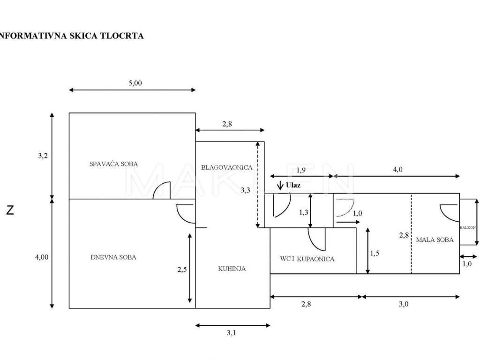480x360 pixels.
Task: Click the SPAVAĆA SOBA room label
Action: coord(113,164)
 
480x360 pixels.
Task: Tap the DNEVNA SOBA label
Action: coord(113,257)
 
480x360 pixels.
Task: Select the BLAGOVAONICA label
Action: coord(226,167)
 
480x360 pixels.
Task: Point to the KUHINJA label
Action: coord(232,269)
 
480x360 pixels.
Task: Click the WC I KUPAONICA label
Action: coord(307,259)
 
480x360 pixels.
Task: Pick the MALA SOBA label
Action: coord(435,240)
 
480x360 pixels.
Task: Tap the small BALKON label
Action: coord(467,227)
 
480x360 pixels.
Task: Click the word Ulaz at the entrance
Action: coord(293,185)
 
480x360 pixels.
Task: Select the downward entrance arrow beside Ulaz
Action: coord(280,186)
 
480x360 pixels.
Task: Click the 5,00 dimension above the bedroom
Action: coord(135,83)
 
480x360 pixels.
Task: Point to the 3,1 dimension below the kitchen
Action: coord(231,332)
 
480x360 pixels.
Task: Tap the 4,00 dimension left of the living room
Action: coord(42,257)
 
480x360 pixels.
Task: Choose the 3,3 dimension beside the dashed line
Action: coord(245,190)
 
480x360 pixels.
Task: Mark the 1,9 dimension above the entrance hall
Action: coord(300,170)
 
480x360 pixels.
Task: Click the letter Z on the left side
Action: coord(10,210)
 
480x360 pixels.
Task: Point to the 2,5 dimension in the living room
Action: coord(182,270)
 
